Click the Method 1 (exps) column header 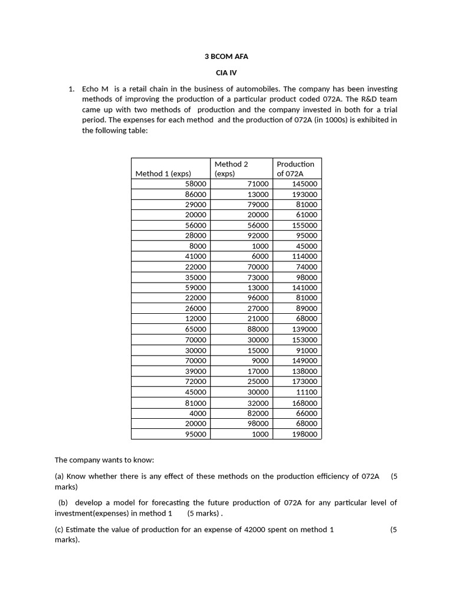[163, 173]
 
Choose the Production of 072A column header [296, 168]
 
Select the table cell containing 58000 [195, 184]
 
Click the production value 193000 [304, 194]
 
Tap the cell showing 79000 [257, 205]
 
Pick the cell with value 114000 [304, 257]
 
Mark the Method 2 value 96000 [257, 298]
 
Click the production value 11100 [306, 392]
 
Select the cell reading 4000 [198, 413]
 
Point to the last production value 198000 [304, 434]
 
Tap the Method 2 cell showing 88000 [257, 329]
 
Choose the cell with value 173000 [304, 382]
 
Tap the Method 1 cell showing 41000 [195, 257]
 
